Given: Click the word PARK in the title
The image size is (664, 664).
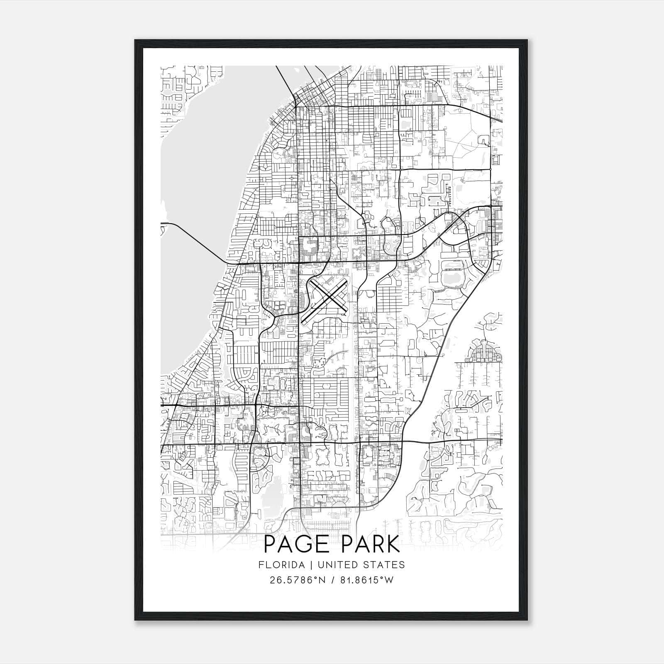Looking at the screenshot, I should point(369,544).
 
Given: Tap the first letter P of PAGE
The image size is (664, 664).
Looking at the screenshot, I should point(270,544).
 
